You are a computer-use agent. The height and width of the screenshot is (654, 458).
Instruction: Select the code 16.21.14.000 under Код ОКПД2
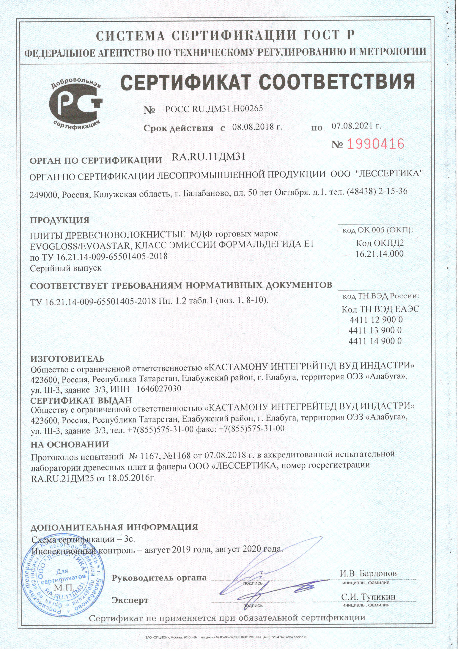coord(380,254)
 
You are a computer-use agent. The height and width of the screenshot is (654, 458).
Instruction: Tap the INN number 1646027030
coord(159,388)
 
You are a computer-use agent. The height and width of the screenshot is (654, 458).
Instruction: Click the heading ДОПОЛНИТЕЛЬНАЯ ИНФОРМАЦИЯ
coord(114,527)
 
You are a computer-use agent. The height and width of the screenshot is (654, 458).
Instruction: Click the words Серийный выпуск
coord(66,268)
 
